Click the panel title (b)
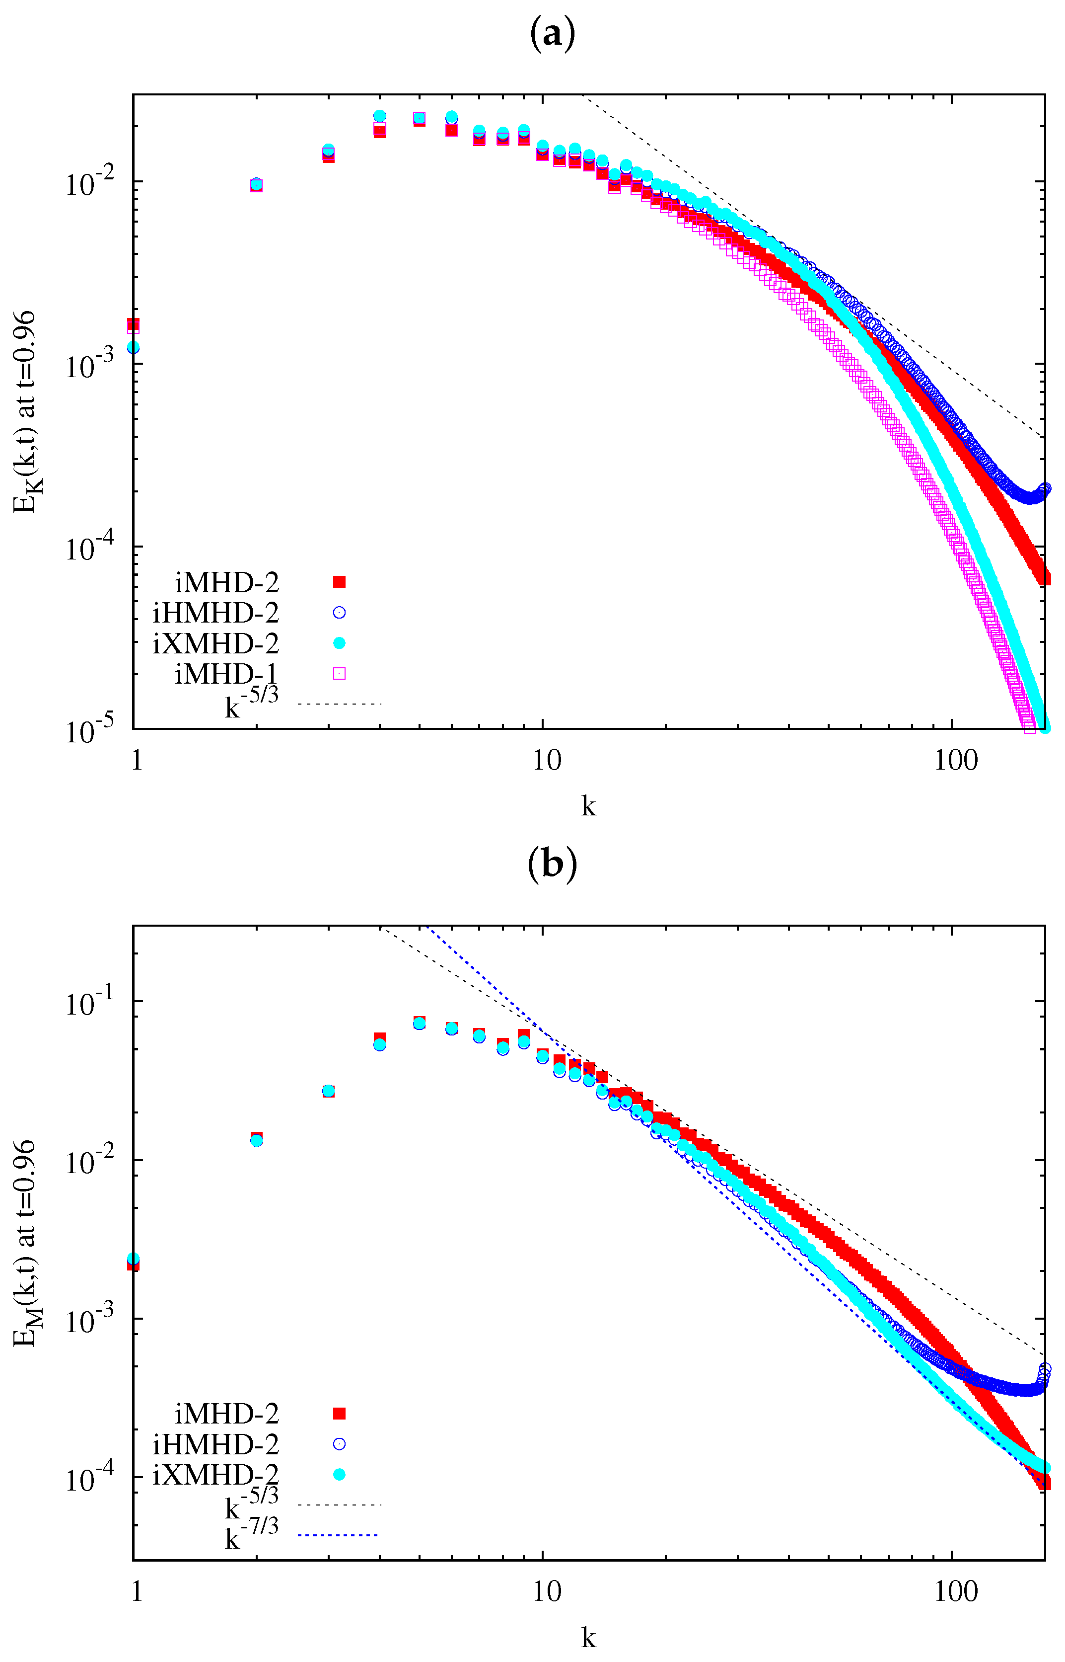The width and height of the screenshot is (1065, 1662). [x=552, y=865]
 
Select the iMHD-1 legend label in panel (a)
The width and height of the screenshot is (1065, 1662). [x=226, y=673]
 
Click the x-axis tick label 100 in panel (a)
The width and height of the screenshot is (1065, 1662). [x=956, y=760]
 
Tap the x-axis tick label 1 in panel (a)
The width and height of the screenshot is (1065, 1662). [x=137, y=760]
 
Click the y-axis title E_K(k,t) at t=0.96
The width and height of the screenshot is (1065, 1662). [x=28, y=412]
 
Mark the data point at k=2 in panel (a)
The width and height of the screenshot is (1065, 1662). [x=256, y=185]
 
